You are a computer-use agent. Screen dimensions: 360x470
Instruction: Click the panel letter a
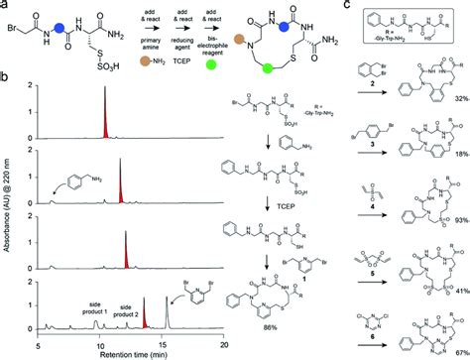pyautogui.click(x=6, y=7)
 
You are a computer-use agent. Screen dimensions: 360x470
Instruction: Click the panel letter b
pyautogui.click(x=6, y=75)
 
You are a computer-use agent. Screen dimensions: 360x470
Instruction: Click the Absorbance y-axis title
pyautogui.click(x=10, y=207)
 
